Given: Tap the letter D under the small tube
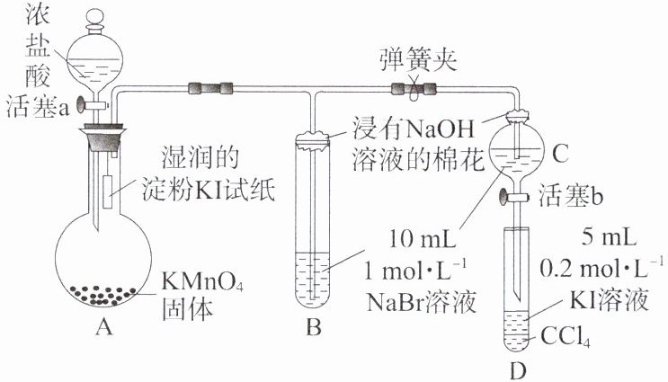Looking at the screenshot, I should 515,369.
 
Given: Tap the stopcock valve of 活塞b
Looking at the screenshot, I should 519,195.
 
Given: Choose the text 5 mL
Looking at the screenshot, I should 611,238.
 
